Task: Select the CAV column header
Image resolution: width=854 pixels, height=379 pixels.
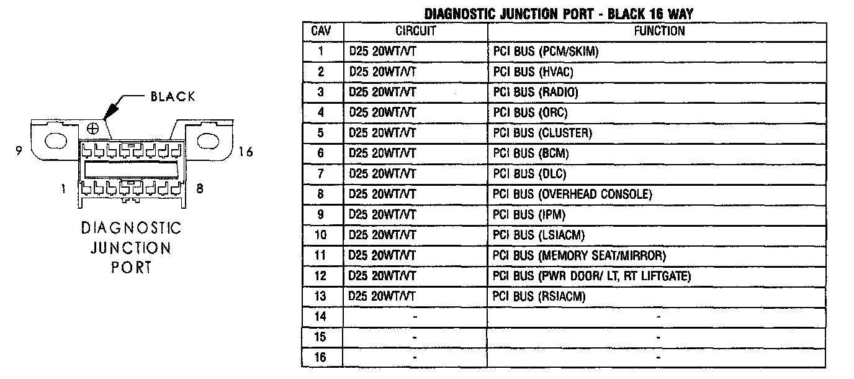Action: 321,30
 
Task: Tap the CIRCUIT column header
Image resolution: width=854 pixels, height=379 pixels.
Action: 415,30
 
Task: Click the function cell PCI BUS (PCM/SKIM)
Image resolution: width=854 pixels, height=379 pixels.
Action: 546,52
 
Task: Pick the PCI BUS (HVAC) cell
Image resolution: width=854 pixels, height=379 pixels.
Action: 533,72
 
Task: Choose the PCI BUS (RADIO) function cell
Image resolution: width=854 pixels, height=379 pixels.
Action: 536,93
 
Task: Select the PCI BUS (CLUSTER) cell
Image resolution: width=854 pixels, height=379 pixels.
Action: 542,134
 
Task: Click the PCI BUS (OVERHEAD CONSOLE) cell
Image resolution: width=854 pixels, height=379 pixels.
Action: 572,194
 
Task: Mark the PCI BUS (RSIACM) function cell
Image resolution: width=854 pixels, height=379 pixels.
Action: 539,297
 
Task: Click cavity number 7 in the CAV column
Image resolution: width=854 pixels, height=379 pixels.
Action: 321,174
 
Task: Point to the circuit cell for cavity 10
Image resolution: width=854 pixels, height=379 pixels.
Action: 382,235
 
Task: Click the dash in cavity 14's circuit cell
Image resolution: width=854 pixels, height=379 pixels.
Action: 415,317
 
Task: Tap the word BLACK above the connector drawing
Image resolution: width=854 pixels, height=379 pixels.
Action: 173,96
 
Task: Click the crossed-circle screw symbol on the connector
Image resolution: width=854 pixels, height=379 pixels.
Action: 93,129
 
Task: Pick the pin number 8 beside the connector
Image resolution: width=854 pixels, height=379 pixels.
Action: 199,189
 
